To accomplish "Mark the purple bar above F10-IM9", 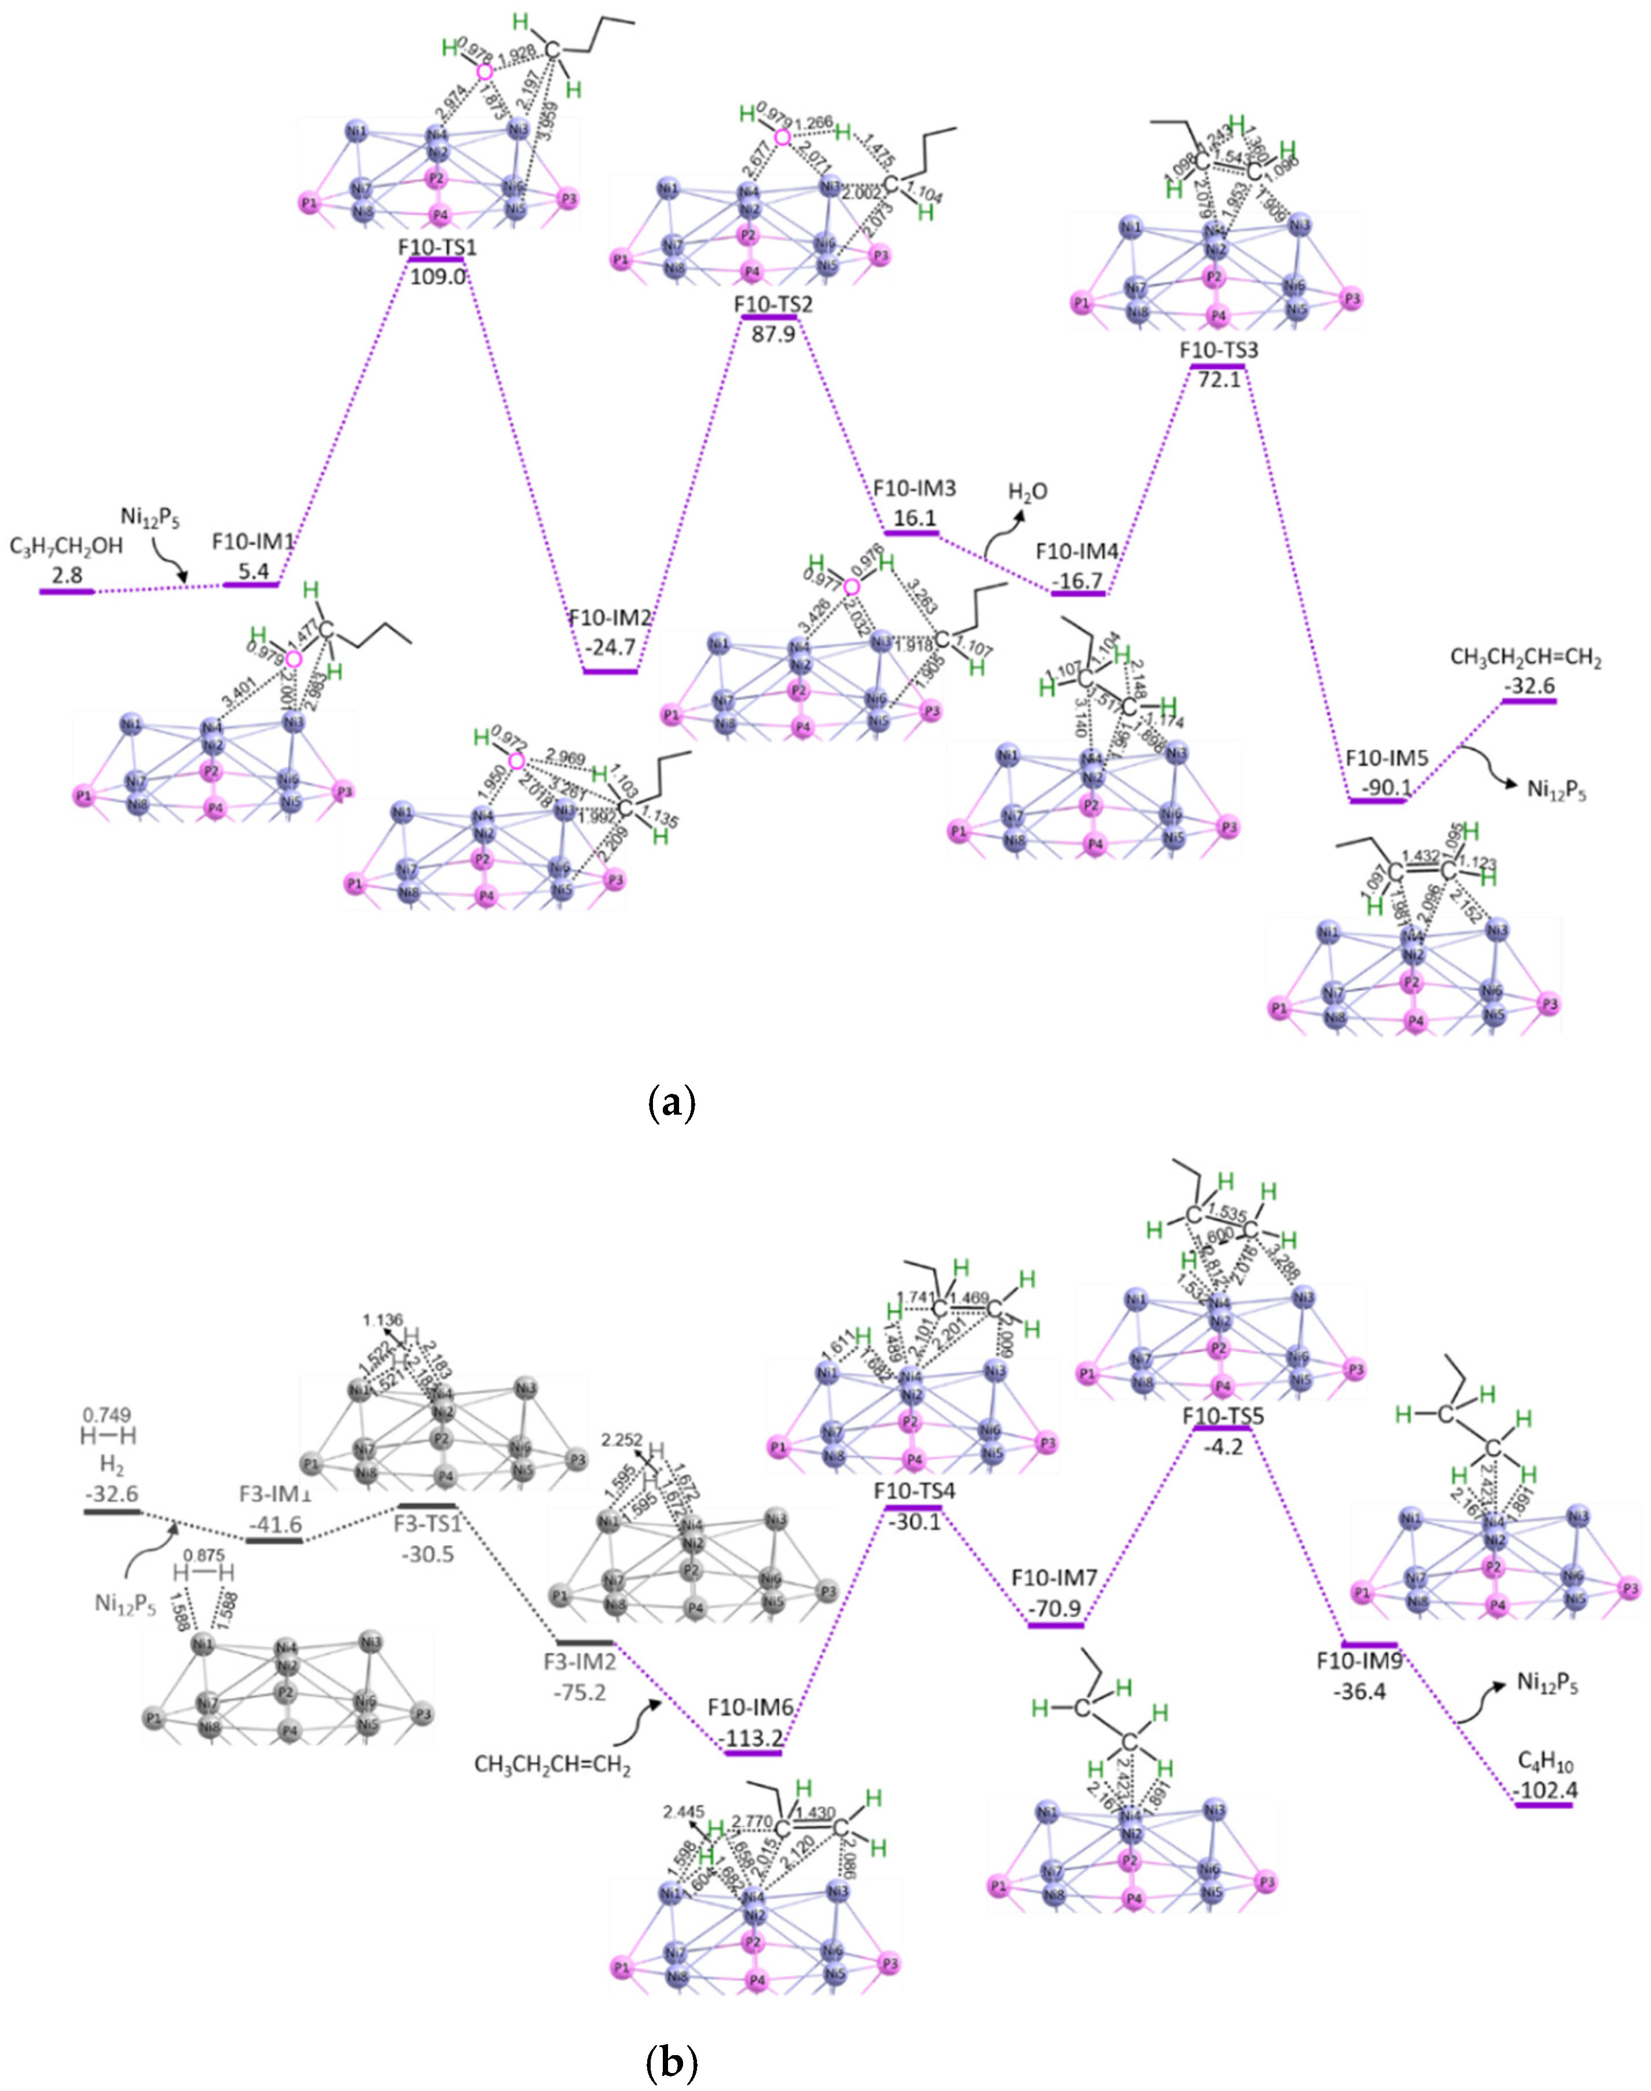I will pyautogui.click(x=1370, y=1645).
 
